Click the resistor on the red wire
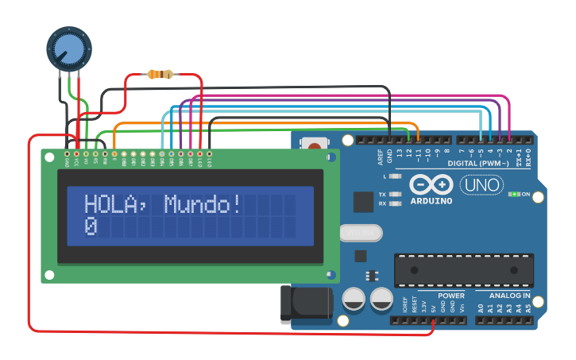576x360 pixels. point(160,75)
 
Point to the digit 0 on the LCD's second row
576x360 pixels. point(91,226)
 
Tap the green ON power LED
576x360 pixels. point(515,194)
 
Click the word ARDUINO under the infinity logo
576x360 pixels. point(431,201)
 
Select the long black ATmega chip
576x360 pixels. point(464,269)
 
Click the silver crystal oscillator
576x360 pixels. point(360,233)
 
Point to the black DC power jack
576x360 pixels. point(305,304)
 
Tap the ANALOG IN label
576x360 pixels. point(509,296)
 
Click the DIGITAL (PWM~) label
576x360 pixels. point(485,164)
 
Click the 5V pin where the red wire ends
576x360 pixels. point(433,321)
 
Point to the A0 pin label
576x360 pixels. point(480,308)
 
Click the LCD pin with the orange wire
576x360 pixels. point(114,153)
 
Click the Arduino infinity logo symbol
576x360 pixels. point(431,185)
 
